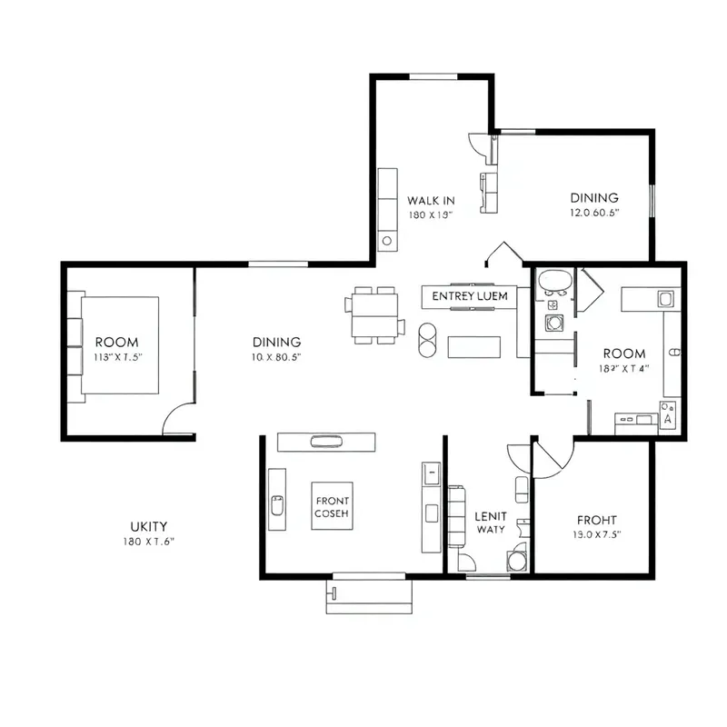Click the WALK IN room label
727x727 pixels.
coord(431,201)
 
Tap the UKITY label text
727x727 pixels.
coord(148,526)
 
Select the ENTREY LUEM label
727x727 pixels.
coord(469,296)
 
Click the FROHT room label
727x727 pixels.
coord(598,520)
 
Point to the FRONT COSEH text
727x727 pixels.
coord(332,506)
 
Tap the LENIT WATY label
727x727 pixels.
coord(491,522)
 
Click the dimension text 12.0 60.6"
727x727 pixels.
coord(594,213)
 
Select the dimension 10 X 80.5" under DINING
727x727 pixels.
coord(276,357)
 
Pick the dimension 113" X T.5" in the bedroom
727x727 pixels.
coord(119,357)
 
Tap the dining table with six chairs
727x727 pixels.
coord(373,315)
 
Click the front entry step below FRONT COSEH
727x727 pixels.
coord(369,595)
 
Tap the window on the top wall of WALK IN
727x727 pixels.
coord(434,75)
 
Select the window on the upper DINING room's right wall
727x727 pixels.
coord(652,200)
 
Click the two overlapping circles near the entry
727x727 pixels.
coord(426,337)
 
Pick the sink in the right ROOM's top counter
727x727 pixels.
coord(664,298)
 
